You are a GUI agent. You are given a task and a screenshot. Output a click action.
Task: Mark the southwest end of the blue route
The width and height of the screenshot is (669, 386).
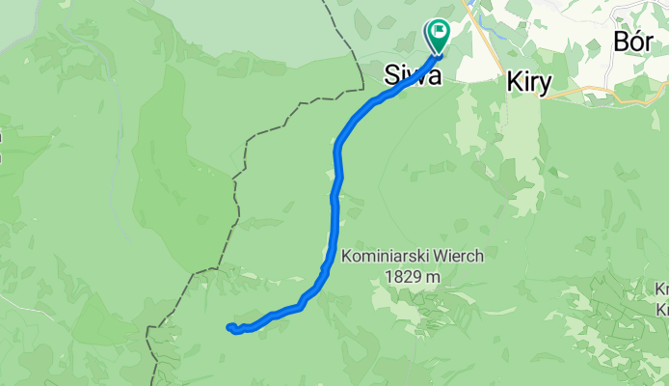(229, 327)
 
